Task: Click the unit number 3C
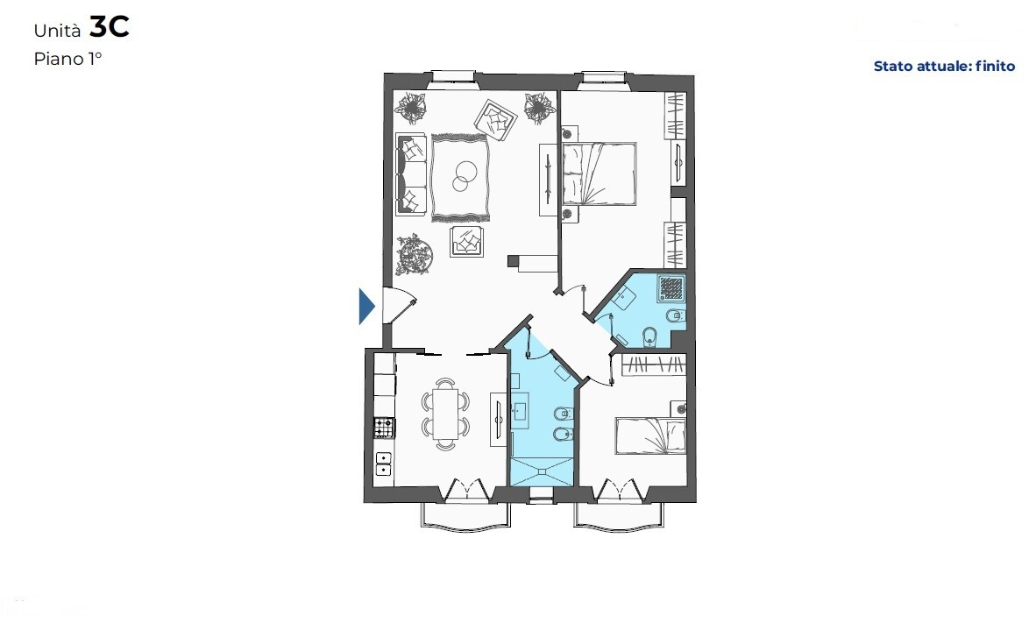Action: (x=109, y=27)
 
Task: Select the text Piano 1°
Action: (x=67, y=59)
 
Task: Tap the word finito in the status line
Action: (x=995, y=66)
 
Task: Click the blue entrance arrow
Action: (x=366, y=307)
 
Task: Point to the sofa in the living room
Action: (x=410, y=174)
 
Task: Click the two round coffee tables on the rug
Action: (x=464, y=175)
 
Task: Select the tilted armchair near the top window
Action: (x=495, y=119)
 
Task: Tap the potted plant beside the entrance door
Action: (x=415, y=254)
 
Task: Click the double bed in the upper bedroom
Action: (x=600, y=173)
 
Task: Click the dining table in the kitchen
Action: (x=445, y=414)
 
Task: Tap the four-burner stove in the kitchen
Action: (x=384, y=428)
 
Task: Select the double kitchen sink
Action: (x=383, y=464)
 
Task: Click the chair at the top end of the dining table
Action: (x=446, y=383)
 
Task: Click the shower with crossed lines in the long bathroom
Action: (x=541, y=471)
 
